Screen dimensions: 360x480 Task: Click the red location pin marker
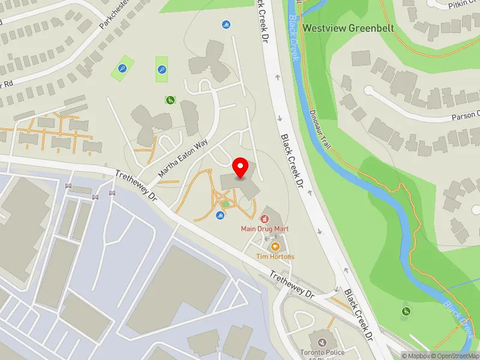click(x=241, y=168)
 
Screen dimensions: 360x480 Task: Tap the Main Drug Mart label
click(x=265, y=228)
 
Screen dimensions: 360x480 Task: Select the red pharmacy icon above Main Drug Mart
click(x=265, y=217)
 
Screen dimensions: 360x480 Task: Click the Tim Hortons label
click(x=275, y=256)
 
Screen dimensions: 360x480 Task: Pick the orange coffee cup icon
click(x=275, y=246)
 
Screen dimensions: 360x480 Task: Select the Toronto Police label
click(x=323, y=353)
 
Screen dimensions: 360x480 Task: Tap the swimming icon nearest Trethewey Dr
click(x=218, y=216)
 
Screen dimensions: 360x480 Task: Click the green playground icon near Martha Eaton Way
click(x=171, y=100)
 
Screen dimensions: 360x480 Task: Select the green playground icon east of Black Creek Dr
click(x=406, y=311)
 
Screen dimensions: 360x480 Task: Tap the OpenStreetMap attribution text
click(x=455, y=356)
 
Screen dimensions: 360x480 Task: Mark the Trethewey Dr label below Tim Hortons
click(x=292, y=285)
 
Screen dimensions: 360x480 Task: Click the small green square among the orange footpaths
click(x=226, y=204)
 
